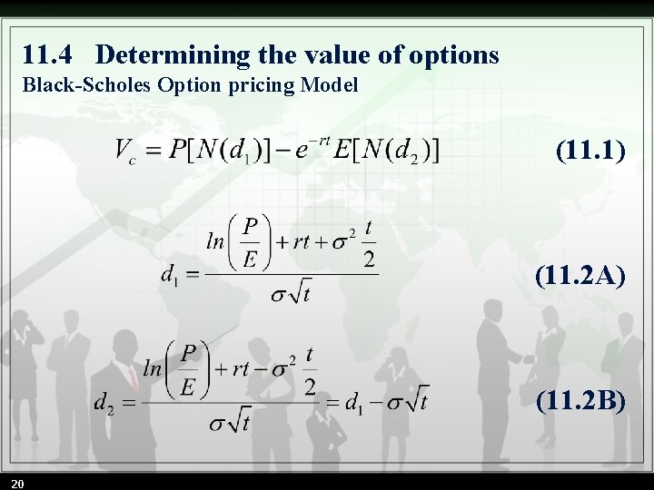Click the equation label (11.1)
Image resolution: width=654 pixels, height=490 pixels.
point(590,150)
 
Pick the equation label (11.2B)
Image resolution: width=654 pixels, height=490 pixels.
point(580,399)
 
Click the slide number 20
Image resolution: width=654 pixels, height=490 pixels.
point(18,482)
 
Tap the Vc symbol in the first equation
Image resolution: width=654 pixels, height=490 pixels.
point(124,151)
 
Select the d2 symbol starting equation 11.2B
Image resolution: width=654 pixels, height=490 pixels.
point(104,402)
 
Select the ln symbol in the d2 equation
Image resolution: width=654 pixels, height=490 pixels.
point(152,369)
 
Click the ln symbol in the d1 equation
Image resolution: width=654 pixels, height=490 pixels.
point(216,242)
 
